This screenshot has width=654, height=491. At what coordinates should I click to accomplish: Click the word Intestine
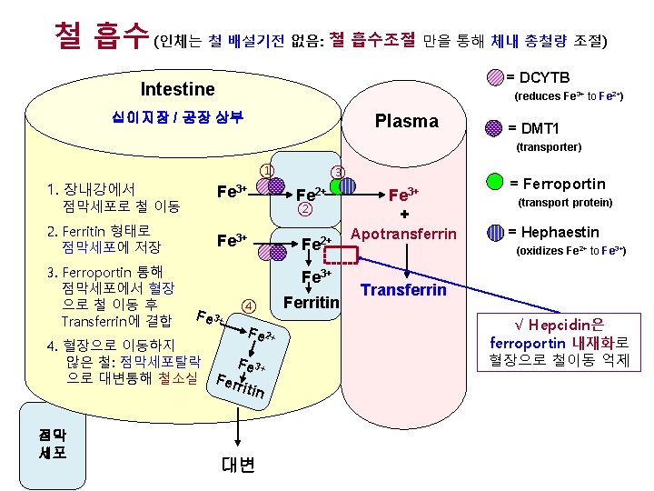pos(178,88)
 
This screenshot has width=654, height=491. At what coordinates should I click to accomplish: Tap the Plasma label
pos(407,122)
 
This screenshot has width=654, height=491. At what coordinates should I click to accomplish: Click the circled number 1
pos(266,169)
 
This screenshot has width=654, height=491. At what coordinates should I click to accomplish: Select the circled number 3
pos(337,173)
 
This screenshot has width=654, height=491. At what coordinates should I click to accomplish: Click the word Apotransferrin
pos(403,234)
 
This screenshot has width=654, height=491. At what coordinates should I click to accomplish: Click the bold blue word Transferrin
pos(404,290)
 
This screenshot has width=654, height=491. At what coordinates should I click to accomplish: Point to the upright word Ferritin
pos(312,301)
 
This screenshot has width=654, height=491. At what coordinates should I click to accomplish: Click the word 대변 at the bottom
pos(238,464)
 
